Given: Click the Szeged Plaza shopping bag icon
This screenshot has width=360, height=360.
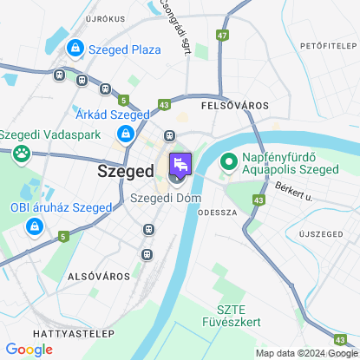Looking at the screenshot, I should click(x=76, y=49).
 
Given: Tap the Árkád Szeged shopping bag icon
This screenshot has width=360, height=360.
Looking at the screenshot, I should click(x=126, y=134).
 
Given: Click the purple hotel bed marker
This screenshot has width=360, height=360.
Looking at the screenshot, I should click(x=180, y=164).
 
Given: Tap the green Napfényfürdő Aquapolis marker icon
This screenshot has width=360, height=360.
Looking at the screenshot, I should click(x=229, y=162).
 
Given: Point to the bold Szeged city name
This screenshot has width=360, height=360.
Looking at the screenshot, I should click(x=123, y=173).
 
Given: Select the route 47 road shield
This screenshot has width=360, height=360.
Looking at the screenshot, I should click(x=224, y=36).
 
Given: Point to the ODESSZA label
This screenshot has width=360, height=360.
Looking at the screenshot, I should click(x=218, y=212).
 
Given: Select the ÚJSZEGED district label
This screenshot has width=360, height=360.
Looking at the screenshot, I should click(x=323, y=235).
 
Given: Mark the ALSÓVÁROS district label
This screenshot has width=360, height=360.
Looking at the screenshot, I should click(x=98, y=275).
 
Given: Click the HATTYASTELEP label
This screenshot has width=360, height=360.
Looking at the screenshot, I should click(x=37, y=333).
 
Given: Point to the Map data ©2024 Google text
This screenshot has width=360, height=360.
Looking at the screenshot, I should click(x=306, y=353).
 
